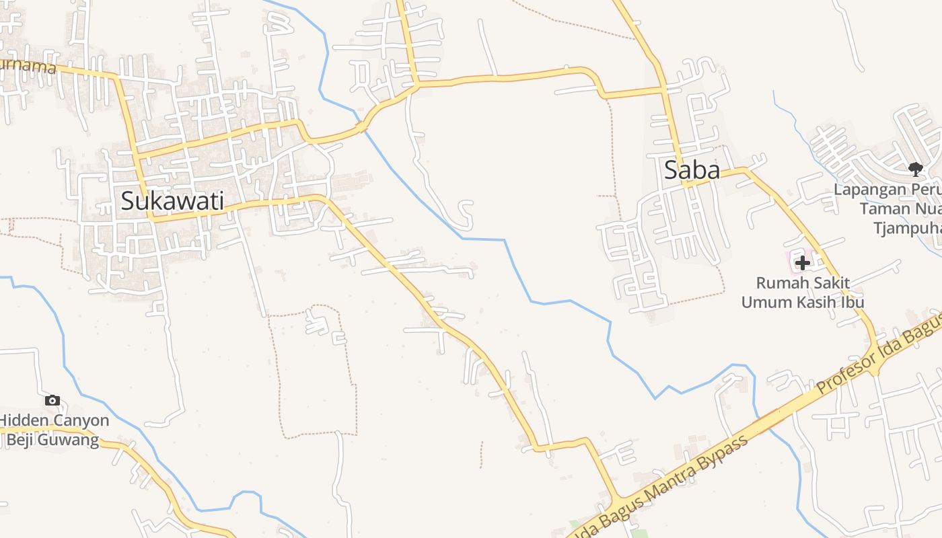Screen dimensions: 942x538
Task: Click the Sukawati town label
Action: tap(172, 201)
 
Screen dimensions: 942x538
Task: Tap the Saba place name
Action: tap(692, 170)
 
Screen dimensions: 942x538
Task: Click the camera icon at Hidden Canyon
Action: tap(52, 400)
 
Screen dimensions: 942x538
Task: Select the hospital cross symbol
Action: tap(802, 263)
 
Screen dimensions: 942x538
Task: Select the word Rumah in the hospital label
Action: tap(780, 283)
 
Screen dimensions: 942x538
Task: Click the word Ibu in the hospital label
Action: tap(851, 302)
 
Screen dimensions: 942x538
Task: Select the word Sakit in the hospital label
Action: tap(828, 283)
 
